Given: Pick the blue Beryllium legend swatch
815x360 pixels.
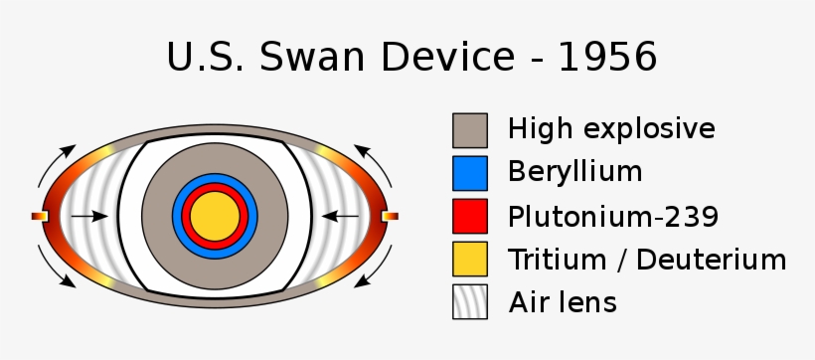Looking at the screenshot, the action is (470, 173).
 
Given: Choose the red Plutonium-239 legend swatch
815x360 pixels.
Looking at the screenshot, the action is (470, 216).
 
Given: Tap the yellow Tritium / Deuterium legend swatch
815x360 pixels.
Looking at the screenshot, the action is (470, 259).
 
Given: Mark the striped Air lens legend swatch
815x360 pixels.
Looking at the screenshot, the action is (470, 301).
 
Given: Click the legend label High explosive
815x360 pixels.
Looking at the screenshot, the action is (610, 129).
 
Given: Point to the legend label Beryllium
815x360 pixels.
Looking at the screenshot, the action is (574, 172).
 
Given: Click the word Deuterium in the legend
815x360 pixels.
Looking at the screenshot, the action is (712, 260).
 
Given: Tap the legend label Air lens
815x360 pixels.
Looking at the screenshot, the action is (563, 301).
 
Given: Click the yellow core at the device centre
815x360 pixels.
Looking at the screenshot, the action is (216, 215).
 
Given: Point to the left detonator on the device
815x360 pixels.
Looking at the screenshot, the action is (40, 216).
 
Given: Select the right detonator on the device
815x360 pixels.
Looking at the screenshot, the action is (390, 216).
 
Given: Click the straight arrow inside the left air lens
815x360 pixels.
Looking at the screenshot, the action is (90, 216).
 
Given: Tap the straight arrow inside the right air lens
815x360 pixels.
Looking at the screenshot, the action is (341, 216).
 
